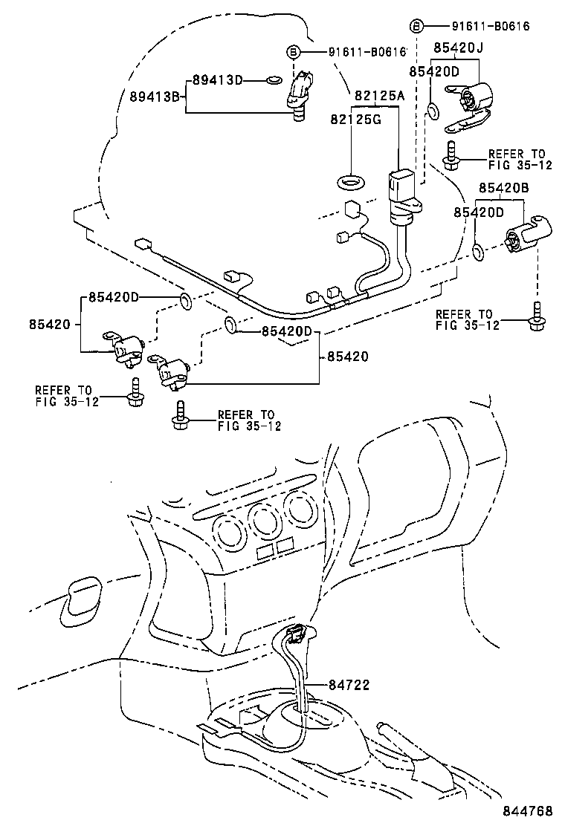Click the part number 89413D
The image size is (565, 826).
[x=218, y=79]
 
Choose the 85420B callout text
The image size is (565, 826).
[x=503, y=189]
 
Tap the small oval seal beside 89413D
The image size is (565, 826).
[x=274, y=79]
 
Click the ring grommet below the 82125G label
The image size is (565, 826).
[x=349, y=180]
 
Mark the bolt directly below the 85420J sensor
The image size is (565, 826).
[x=449, y=154]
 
